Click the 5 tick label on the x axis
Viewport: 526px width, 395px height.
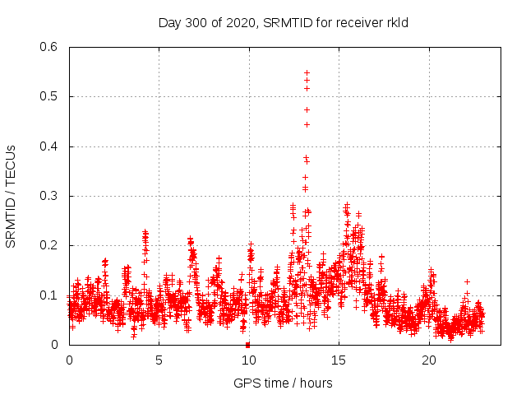coord(159,360)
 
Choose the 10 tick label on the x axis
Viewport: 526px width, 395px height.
coord(248,360)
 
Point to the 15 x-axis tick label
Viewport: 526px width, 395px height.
coord(339,360)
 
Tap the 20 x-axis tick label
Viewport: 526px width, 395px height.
coord(428,360)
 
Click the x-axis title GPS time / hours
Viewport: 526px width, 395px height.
coord(283,383)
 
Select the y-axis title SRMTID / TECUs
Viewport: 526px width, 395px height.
coord(11,196)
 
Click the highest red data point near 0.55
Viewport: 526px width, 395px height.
coord(307,72)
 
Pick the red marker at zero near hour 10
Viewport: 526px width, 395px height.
coord(247,344)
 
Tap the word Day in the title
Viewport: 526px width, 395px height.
coord(168,23)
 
